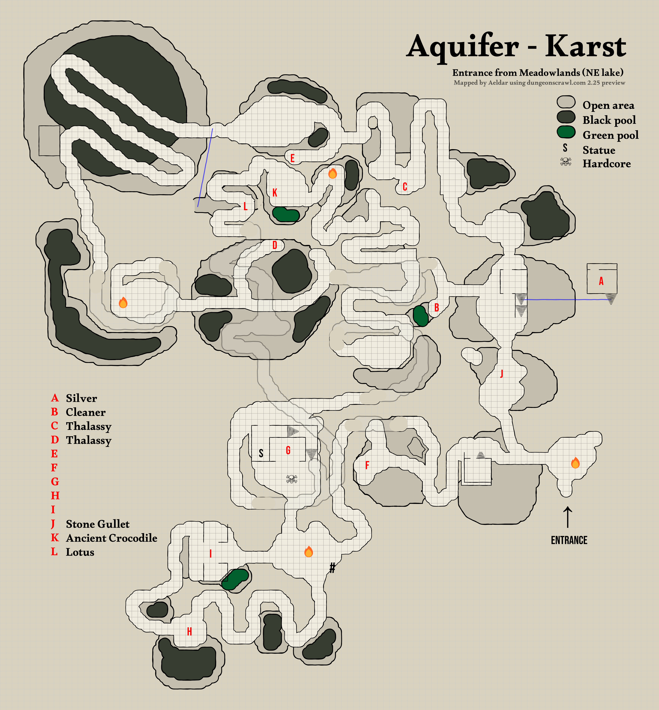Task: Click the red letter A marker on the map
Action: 601,281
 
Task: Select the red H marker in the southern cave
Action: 189,632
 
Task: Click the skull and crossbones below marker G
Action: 292,479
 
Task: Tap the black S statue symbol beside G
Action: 261,453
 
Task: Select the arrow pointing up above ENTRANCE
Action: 567,517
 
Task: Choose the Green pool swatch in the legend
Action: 566,132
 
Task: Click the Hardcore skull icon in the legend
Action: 566,162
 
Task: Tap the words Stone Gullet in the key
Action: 98,524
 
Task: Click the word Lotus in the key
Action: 80,552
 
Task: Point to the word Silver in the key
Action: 81,398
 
